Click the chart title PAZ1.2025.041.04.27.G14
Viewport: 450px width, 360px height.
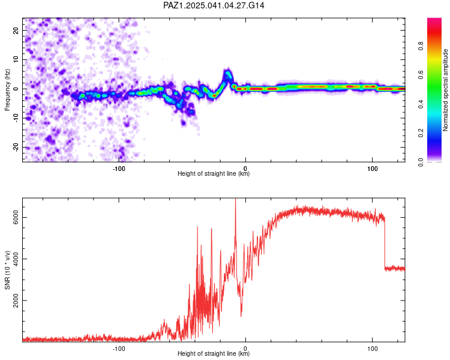click(214, 5)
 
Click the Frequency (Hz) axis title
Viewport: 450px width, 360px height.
click(7, 89)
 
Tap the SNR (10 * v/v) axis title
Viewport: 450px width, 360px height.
click(7, 270)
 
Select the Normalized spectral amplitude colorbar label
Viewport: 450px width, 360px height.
click(445, 90)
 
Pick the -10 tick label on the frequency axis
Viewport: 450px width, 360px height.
click(16, 118)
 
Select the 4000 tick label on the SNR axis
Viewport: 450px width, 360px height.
click(16, 259)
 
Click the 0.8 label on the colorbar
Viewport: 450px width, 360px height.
click(421, 46)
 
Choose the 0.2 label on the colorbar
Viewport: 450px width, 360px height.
click(421, 133)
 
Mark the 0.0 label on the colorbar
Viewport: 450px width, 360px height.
click(421, 162)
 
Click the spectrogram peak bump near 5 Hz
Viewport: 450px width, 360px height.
click(228, 74)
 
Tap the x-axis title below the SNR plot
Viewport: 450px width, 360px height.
click(214, 353)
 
